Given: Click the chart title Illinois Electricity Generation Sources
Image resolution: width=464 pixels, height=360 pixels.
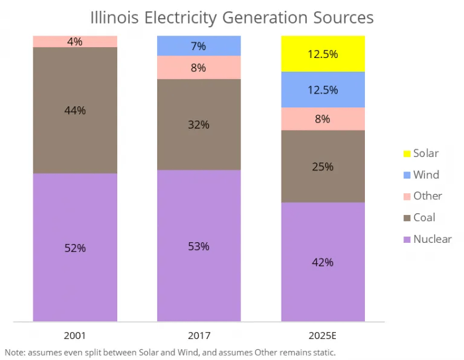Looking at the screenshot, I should [x=231, y=18].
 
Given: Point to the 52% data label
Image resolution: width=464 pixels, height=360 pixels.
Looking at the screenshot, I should [x=75, y=248].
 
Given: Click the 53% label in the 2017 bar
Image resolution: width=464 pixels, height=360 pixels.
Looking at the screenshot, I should [x=199, y=246].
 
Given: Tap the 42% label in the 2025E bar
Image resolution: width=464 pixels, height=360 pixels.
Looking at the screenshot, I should [x=323, y=262].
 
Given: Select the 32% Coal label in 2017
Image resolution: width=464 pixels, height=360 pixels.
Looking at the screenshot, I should [x=199, y=125].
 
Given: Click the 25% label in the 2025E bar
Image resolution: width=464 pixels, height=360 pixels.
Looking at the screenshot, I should [x=323, y=167].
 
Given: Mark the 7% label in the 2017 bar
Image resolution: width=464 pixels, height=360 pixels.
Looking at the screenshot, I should [x=199, y=46].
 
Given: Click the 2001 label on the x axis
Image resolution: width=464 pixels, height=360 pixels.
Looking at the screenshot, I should [x=75, y=335].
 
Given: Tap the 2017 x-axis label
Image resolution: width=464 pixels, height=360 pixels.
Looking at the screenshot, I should [x=199, y=335].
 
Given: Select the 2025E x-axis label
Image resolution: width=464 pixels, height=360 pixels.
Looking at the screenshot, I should [x=323, y=335].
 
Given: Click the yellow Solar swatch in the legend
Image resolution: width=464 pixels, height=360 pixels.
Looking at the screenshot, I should [x=407, y=154].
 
